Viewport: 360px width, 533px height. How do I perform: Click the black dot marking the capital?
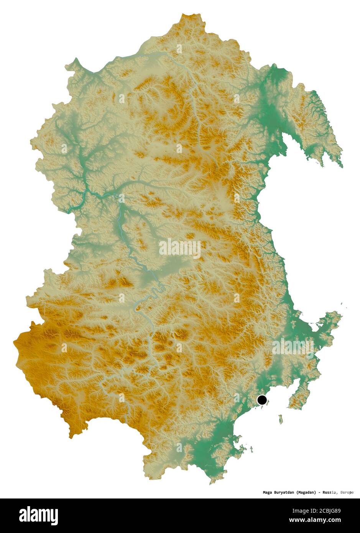[262, 400]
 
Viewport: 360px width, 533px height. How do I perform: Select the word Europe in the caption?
[346, 492]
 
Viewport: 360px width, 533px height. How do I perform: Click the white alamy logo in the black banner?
[38, 515]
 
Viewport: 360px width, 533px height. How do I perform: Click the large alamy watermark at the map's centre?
[180, 248]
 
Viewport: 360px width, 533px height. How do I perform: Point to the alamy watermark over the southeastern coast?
[293, 347]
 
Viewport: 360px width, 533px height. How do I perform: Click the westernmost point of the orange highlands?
[14, 341]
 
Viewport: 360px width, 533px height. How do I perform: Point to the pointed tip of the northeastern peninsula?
[342, 167]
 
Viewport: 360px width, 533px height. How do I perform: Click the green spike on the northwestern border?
[77, 59]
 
